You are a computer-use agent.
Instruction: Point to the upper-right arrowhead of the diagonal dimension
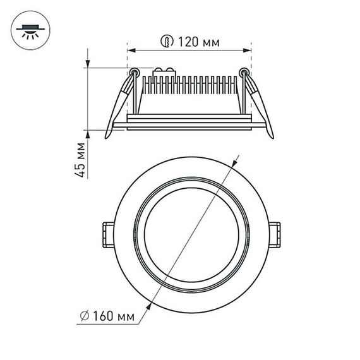[236, 161]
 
